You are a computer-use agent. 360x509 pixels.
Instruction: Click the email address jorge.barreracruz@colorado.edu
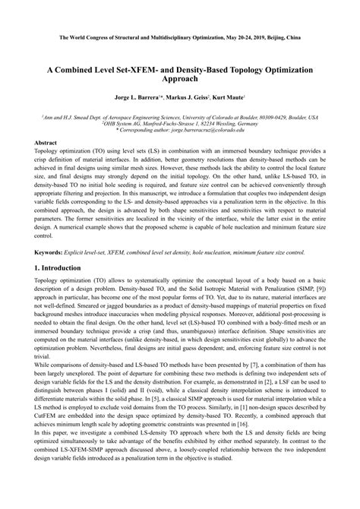(208, 131)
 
